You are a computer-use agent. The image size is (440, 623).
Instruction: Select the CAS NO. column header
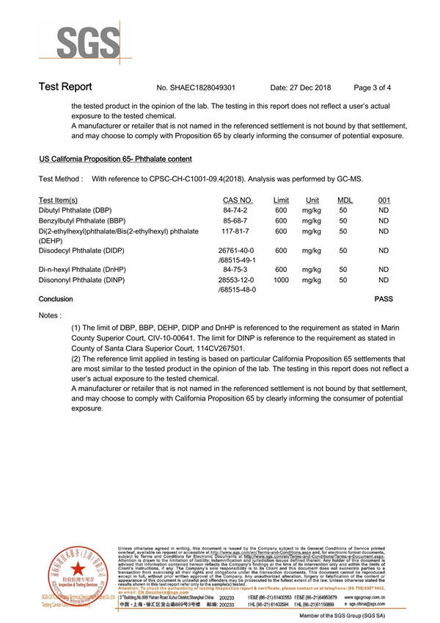237,200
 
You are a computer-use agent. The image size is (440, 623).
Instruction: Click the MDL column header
344,200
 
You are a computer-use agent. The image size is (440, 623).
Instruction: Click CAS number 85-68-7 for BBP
234,220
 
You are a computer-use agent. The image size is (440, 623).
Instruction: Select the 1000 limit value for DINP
280,280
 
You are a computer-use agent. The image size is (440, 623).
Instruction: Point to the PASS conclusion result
384,299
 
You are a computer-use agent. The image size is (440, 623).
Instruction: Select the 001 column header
384,200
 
